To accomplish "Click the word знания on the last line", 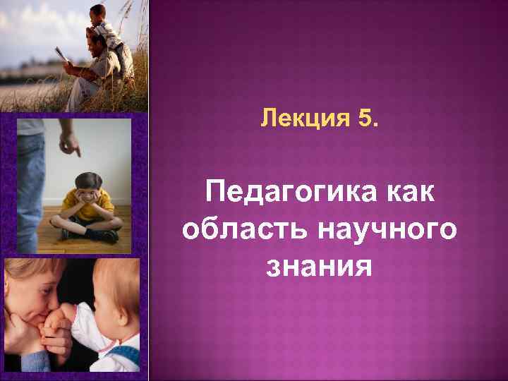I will (x=318, y=266).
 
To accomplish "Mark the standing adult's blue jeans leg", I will (x=28, y=183).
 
